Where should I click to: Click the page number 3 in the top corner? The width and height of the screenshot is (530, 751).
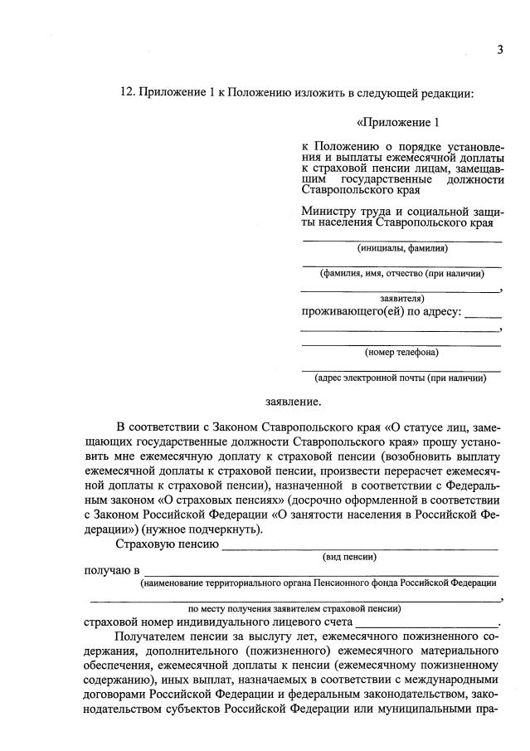click(500, 49)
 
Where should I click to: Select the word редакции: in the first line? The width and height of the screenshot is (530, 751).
click(448, 92)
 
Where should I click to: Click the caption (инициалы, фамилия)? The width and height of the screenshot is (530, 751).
click(402, 248)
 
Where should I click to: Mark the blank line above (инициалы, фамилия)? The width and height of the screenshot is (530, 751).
click(401, 241)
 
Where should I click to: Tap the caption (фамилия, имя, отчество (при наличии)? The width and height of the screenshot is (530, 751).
click(402, 273)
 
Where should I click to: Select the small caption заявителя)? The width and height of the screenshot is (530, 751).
click(402, 297)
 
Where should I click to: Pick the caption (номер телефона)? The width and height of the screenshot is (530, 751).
click(402, 352)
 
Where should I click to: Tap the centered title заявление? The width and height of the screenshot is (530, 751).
click(292, 402)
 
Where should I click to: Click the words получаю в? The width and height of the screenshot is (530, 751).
click(111, 571)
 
